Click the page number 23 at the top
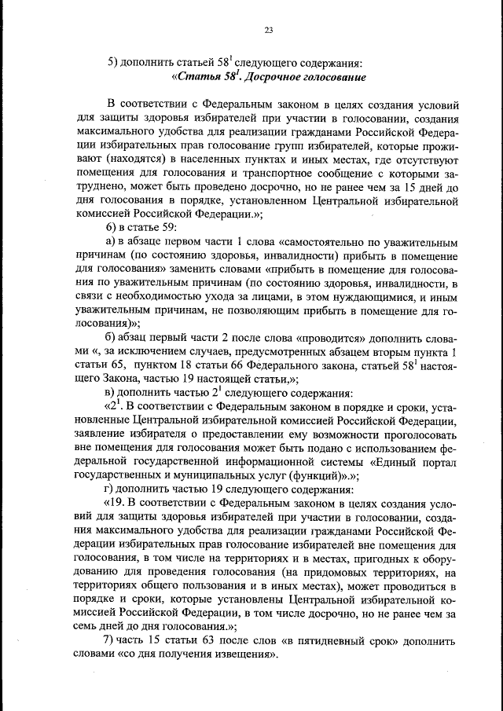tap(268, 31)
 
